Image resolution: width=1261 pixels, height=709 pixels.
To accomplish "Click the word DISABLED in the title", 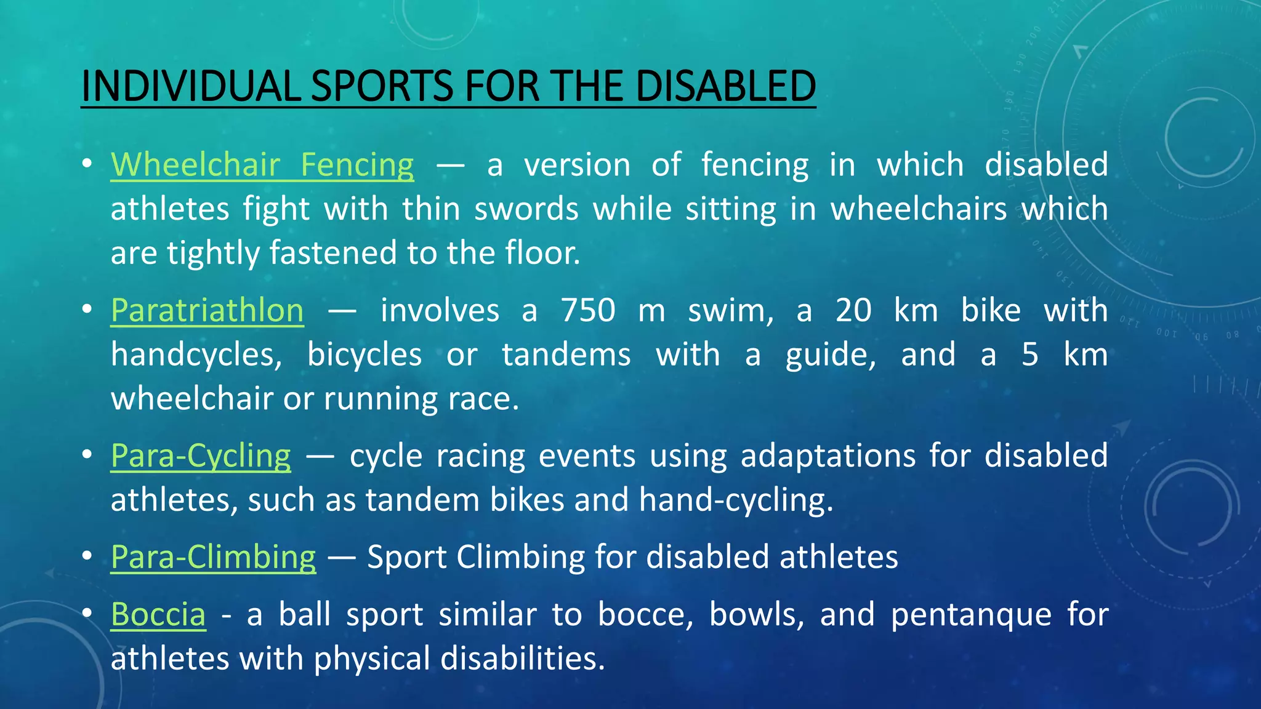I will click(x=725, y=86).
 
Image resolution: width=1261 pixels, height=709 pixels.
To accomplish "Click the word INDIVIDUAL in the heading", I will click(x=190, y=86).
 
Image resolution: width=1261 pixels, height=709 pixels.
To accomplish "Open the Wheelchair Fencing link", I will click(x=262, y=165).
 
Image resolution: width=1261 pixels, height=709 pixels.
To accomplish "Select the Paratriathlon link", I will click(x=207, y=310).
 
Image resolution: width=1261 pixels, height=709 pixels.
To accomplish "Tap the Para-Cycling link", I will click(x=201, y=456).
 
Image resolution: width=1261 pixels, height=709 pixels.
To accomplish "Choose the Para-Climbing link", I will click(x=214, y=557).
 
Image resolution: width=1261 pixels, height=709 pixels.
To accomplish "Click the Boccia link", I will click(x=158, y=614).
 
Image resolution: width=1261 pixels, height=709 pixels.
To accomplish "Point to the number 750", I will click(x=587, y=310).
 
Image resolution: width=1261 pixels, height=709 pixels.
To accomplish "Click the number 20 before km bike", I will click(x=853, y=310).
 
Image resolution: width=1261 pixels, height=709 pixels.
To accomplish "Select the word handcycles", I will click(x=196, y=355).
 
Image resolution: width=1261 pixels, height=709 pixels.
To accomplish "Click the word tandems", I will click(x=566, y=355).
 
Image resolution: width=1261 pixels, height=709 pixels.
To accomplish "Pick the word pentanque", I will click(x=971, y=614).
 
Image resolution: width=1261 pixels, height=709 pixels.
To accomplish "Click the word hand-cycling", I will click(x=735, y=500).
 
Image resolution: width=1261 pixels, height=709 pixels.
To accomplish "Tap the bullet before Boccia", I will click(x=87, y=613).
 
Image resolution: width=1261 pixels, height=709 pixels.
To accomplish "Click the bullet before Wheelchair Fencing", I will click(x=87, y=164).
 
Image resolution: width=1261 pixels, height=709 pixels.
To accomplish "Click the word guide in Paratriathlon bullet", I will click(x=829, y=355).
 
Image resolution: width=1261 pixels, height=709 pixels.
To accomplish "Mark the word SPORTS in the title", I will click(x=382, y=86).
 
